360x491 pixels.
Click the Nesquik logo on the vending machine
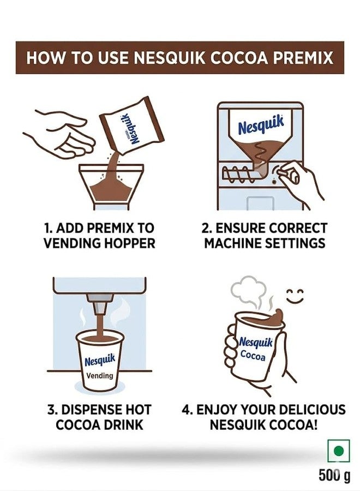click(261, 125)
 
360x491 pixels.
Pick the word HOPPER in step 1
click(129, 243)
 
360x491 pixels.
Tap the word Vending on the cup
click(100, 375)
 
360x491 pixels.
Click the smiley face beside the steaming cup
click(295, 296)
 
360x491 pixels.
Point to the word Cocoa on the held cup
click(253, 356)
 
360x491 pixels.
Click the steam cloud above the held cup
click(248, 289)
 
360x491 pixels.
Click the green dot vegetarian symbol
click(338, 451)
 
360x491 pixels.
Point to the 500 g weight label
click(334, 475)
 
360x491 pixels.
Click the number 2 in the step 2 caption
click(205, 228)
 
